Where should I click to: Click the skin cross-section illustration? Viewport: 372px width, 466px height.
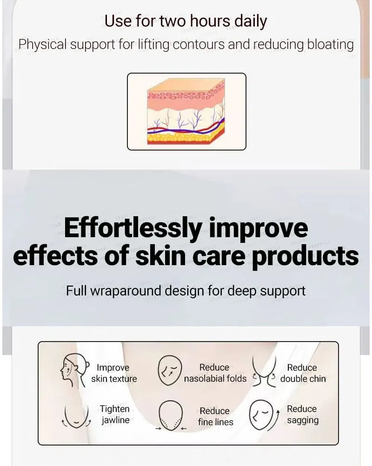coord(186,111)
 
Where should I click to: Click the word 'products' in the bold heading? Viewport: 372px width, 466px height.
coord(305,256)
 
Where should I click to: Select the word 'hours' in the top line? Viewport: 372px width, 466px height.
coord(210,21)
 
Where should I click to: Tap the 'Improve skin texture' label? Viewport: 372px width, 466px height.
coord(114,373)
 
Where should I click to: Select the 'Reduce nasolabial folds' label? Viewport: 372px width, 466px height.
coord(215,373)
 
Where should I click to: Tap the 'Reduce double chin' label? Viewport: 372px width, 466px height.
coord(303,373)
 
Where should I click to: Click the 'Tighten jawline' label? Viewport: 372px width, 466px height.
coord(115,414)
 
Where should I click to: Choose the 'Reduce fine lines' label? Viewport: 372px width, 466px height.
coord(215,416)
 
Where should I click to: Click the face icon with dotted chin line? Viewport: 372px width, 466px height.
coord(171,415)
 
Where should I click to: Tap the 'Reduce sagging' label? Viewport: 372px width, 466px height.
coord(302,414)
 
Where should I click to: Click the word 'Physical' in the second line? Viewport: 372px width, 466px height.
coord(43,45)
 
